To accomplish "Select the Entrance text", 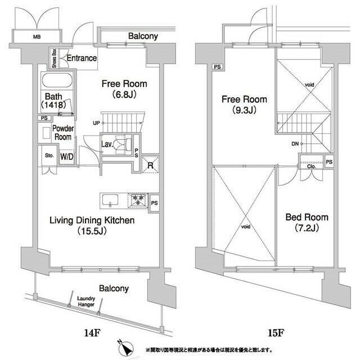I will [x=82, y=58].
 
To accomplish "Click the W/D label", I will [x=65, y=156].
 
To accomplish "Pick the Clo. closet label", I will [x=312, y=166].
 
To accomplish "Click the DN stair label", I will [x=295, y=144].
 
